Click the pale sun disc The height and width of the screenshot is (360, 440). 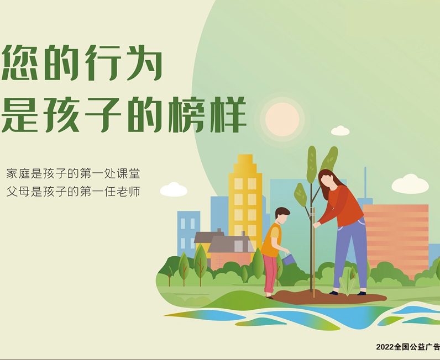[x=282, y=119]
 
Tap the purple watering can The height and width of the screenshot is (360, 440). [x=289, y=259]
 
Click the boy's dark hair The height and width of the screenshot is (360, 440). [x=282, y=213]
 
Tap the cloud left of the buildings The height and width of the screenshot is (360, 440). [x=174, y=189]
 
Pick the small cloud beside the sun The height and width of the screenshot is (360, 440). [x=341, y=131]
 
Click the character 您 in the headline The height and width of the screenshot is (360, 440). [x=20, y=62]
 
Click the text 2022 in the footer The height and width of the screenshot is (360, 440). [x=385, y=347]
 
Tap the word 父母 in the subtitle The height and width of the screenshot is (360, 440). [x=18, y=192]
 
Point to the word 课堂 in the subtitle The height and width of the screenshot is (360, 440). [x=128, y=173]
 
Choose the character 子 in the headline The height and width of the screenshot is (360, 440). [x=103, y=114]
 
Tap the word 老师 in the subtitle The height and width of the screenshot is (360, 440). [x=128, y=192]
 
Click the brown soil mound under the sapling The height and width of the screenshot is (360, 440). [x=328, y=297]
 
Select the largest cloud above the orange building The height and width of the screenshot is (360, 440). [x=410, y=184]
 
